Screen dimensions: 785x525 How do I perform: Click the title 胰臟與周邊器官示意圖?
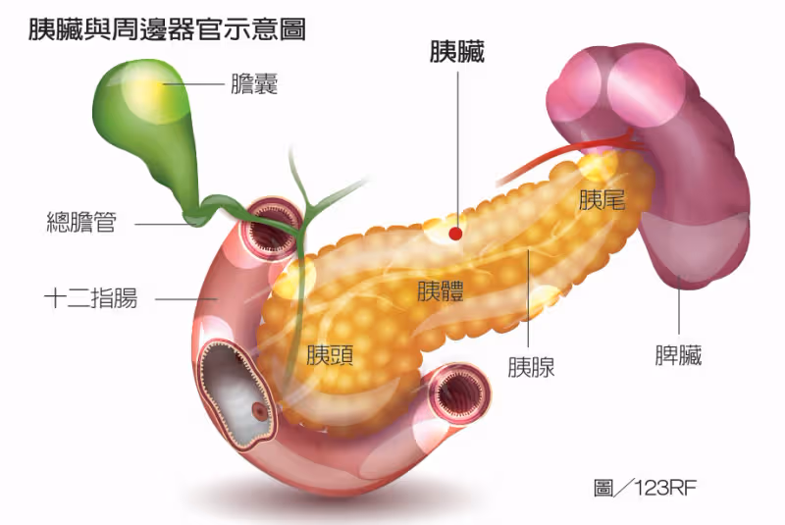(167, 29)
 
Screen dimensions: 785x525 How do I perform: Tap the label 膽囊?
(254, 83)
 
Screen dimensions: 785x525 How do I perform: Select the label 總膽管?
(81, 223)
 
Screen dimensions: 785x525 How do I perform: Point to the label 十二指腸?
(90, 298)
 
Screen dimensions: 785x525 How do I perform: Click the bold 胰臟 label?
(457, 52)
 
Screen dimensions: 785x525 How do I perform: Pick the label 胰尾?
(602, 199)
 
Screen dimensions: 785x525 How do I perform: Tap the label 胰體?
(441, 290)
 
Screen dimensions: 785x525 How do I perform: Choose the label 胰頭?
(331, 355)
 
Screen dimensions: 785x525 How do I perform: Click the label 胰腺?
(531, 367)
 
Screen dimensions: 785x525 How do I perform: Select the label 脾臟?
(678, 355)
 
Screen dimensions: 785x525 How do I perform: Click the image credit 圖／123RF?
(645, 487)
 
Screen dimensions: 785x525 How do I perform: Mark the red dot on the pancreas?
(455, 234)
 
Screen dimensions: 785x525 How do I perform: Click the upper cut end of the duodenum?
(273, 227)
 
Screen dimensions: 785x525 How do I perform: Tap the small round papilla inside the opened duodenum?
(260, 411)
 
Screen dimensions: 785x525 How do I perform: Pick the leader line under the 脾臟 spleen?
(679, 305)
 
